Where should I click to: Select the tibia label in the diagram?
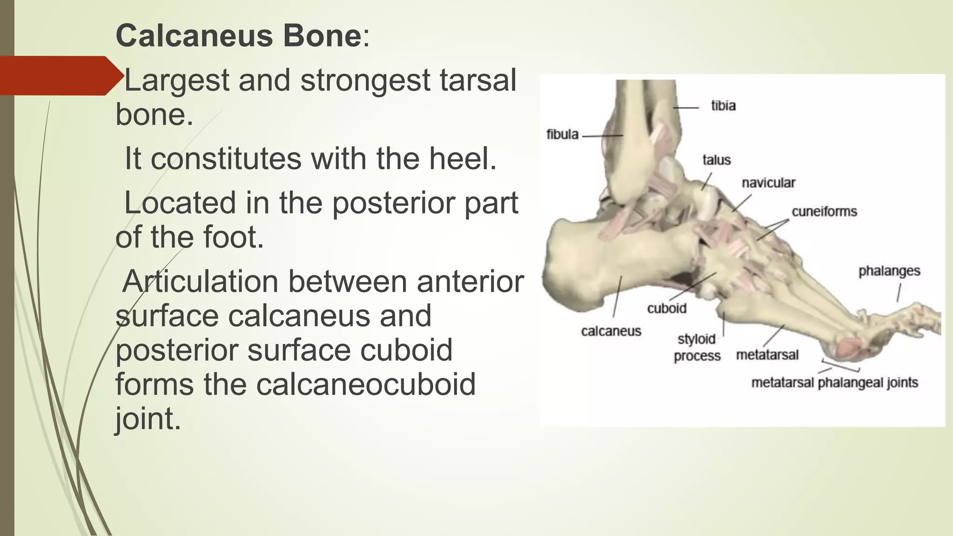(x=723, y=106)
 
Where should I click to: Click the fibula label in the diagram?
(x=562, y=134)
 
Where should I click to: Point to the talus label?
(x=717, y=160)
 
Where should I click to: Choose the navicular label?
(x=768, y=183)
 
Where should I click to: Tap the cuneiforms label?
(x=824, y=212)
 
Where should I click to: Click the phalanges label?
(x=889, y=271)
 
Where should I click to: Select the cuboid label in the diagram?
(x=667, y=308)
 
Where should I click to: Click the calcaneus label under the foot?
(x=611, y=331)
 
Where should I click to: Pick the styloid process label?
(x=697, y=348)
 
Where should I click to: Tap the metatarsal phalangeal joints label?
(x=834, y=383)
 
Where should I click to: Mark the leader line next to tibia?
(x=685, y=107)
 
